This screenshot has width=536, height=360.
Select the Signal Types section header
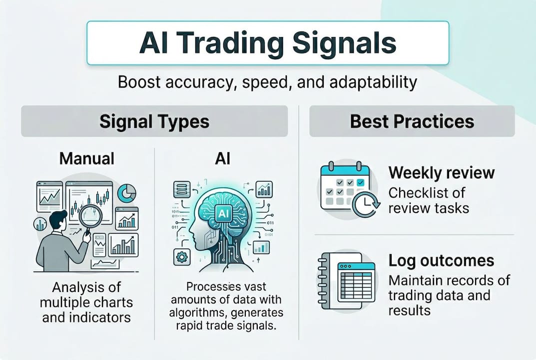coord(154,121)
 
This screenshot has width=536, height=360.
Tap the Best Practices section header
coord(412,121)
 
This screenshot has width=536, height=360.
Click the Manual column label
coord(87,159)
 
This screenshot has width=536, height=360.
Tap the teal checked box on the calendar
coord(361,182)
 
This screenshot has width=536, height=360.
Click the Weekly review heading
coord(442,173)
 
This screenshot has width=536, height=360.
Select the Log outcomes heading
coord(441,260)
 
